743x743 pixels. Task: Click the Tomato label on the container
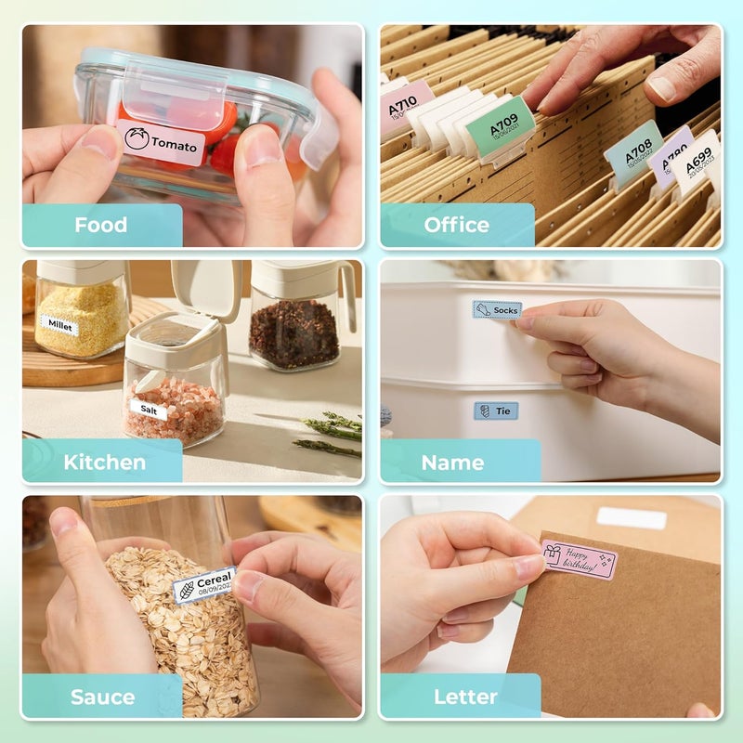click(x=162, y=143)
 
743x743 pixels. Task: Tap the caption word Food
click(x=101, y=225)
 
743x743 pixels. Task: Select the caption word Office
click(x=456, y=225)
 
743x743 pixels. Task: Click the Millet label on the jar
click(x=59, y=325)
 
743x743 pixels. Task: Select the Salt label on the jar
click(x=148, y=409)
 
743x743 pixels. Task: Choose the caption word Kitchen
click(x=104, y=462)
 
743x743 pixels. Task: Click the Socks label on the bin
click(x=497, y=309)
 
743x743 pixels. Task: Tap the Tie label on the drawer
click(x=496, y=411)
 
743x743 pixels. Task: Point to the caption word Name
click(x=452, y=462)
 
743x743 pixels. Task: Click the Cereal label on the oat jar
click(x=205, y=584)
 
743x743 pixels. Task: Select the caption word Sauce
click(x=103, y=697)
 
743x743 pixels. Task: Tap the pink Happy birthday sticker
click(x=579, y=560)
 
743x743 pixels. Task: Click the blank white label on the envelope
click(x=632, y=518)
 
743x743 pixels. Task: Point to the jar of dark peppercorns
click(x=295, y=332)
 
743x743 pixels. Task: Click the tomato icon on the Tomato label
click(x=137, y=141)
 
